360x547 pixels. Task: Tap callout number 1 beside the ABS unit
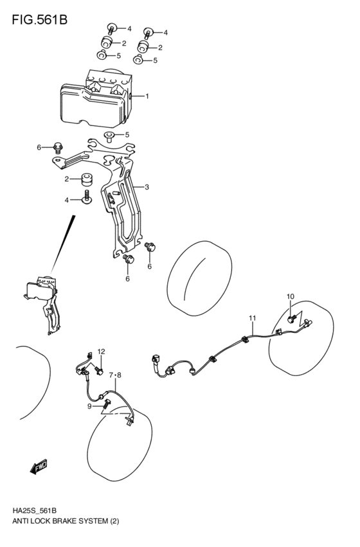click(147, 97)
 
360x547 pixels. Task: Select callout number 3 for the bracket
click(147, 187)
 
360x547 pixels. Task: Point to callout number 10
click(290, 296)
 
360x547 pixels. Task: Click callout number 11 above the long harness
click(253, 318)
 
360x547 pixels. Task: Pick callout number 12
click(101, 351)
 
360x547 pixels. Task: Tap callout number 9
click(91, 406)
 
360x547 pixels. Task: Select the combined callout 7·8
click(114, 375)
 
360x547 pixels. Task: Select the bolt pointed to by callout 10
click(291, 316)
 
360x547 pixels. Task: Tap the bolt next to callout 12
click(100, 370)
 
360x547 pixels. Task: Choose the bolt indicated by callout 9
click(105, 404)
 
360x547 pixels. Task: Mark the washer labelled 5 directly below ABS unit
click(109, 136)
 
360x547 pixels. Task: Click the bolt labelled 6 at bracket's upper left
click(57, 147)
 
